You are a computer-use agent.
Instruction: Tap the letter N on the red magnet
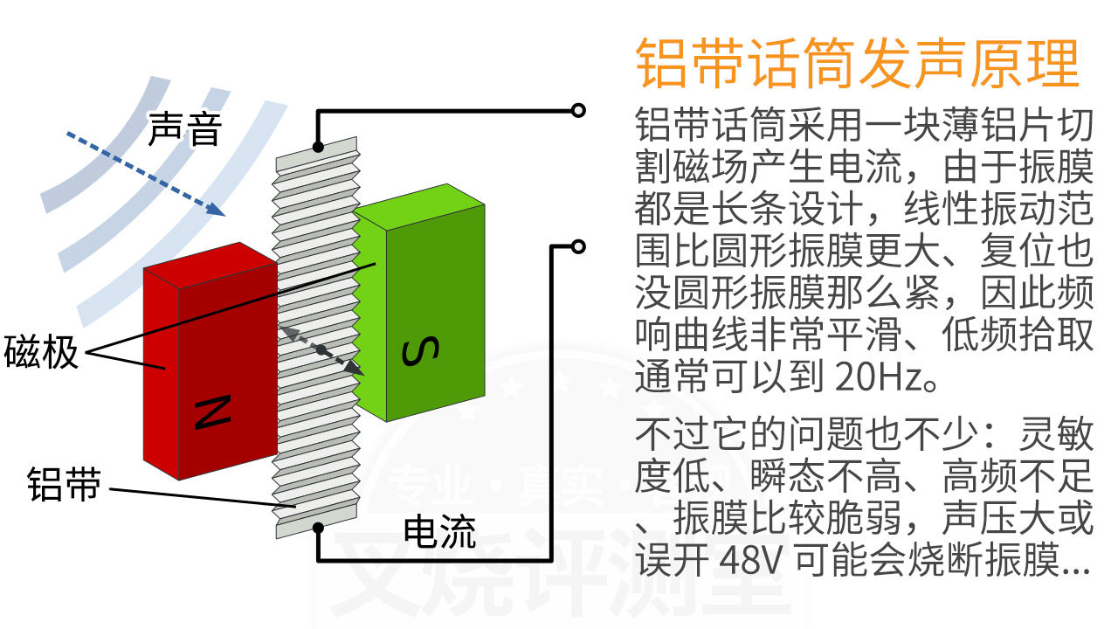(211, 413)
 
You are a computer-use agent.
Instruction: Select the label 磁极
(41, 352)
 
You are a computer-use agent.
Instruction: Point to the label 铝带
(64, 483)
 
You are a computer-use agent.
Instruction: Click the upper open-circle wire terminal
(577, 110)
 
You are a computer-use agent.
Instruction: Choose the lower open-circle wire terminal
(577, 246)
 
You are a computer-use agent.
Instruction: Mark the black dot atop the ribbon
(319, 147)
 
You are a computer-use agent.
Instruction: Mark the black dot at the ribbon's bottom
(319, 527)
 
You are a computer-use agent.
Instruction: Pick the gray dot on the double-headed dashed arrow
(321, 349)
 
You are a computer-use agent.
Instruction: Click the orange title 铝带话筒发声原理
(858, 63)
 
